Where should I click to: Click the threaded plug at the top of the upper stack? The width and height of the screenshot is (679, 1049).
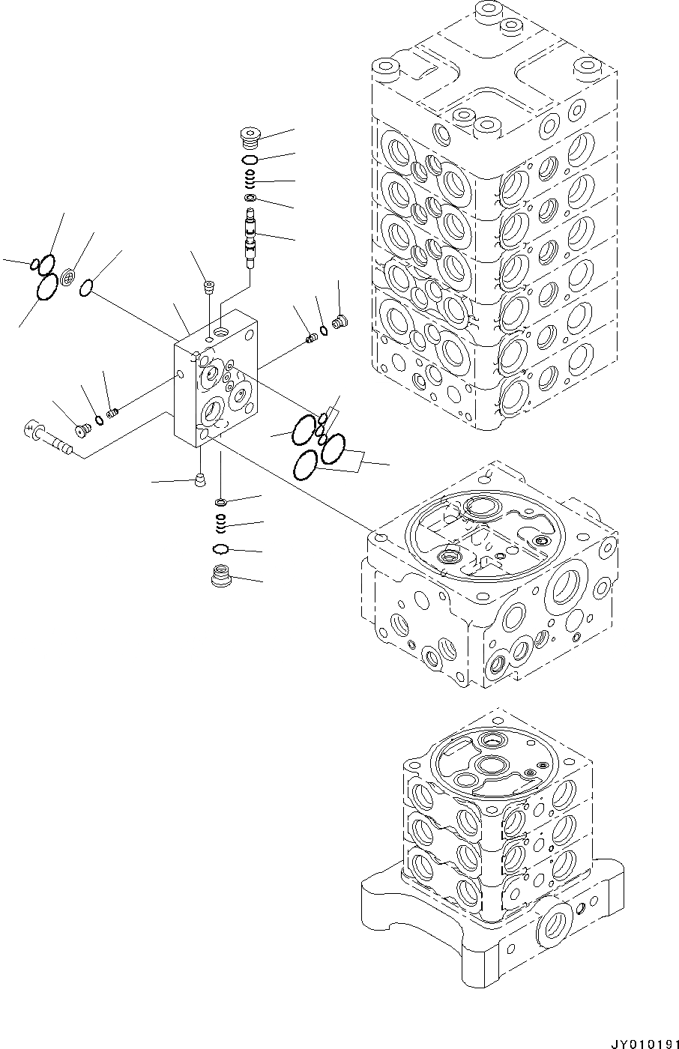point(250,139)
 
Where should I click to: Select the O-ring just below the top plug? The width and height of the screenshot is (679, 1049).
point(250,160)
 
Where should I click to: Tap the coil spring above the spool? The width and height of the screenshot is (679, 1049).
point(250,180)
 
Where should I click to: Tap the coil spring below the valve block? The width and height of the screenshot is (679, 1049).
point(222,522)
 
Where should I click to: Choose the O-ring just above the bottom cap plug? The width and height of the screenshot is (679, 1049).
point(221,549)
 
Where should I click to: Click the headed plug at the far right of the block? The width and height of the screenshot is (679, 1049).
point(339,323)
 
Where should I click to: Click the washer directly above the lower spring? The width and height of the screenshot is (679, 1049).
point(222,501)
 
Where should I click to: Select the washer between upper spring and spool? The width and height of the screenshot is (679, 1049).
point(250,199)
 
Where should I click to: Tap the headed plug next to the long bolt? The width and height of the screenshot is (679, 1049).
point(84,429)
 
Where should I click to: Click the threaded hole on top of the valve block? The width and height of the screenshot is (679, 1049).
point(223,330)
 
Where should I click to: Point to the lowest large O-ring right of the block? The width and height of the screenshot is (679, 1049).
point(306,466)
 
